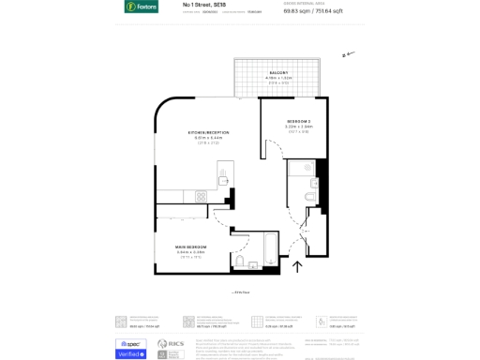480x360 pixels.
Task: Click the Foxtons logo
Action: tap(141, 7)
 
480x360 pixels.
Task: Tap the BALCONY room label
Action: tap(278, 73)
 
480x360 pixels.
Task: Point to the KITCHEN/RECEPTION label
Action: tap(208, 132)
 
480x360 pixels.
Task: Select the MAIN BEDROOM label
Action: tap(190, 247)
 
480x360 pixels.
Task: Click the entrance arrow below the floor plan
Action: tap(298, 267)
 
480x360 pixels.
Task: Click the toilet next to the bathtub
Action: tap(240, 262)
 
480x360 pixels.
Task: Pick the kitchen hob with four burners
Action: tap(200, 196)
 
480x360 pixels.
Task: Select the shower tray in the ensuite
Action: tap(303, 171)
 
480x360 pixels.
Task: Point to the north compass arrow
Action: tap(349, 54)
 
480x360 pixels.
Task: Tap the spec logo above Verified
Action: tap(130, 343)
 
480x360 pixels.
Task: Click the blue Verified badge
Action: tap(130, 353)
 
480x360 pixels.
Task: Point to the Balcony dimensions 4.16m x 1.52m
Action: tap(278, 78)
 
